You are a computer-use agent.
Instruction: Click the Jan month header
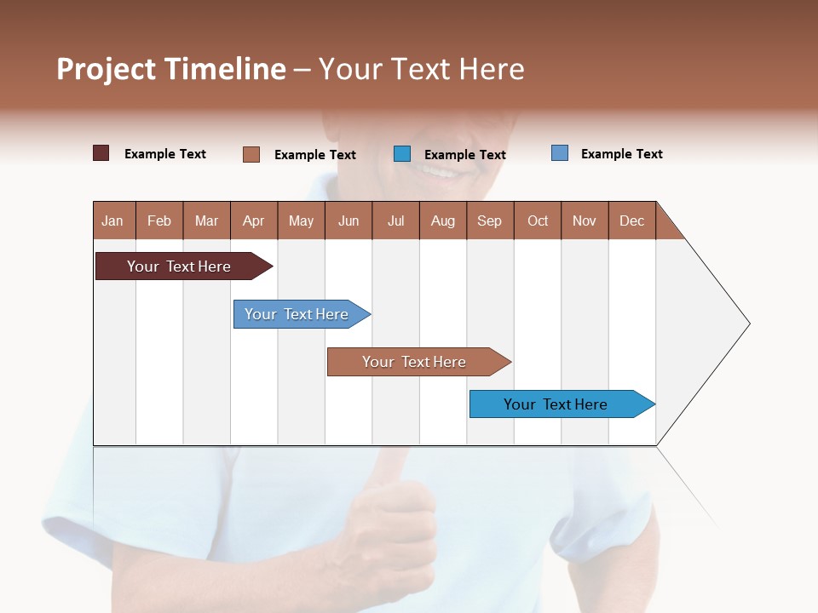pos(113,221)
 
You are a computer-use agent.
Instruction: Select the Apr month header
pos(254,221)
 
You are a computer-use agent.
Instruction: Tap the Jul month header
pos(395,221)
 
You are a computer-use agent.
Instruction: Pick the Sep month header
pos(489,221)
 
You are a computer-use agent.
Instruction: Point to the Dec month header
pos(631,221)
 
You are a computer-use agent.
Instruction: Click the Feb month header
pos(159,221)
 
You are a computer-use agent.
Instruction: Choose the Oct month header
pos(537,221)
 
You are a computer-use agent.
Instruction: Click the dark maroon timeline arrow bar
pos(179,266)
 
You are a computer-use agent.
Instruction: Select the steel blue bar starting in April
pos(297,314)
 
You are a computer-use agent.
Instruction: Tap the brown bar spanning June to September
pos(414,362)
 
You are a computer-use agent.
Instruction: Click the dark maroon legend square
pos(101,153)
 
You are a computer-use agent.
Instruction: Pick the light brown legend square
pos(251,154)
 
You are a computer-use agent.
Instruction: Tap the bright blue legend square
pos(402,153)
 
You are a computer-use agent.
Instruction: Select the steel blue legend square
pos(560,153)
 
